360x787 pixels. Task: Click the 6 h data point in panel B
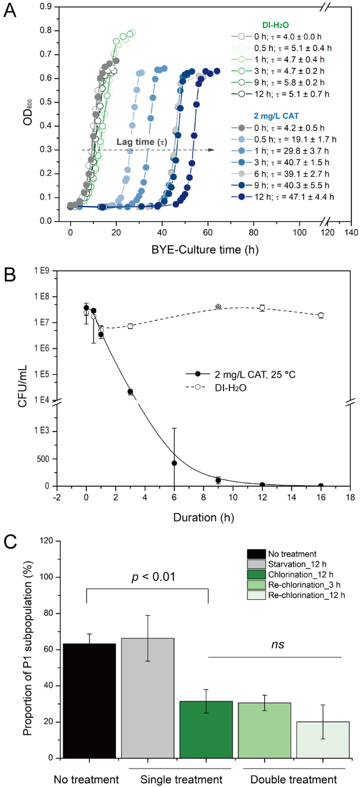pyautogui.click(x=174, y=463)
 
